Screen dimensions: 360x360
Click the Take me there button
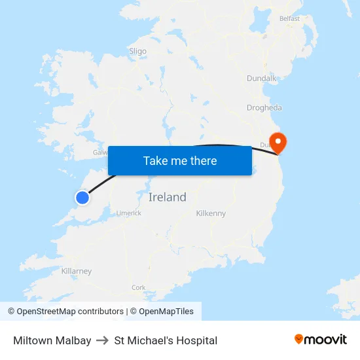click(180, 160)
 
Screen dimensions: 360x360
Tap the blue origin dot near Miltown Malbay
click(82, 197)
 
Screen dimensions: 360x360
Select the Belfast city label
click(289, 19)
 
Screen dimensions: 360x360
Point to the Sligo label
click(137, 51)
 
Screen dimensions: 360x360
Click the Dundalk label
click(261, 79)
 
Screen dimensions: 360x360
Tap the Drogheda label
click(264, 108)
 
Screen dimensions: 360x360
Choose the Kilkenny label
click(211, 213)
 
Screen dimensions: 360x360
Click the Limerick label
click(128, 213)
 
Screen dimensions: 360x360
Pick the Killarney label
click(77, 271)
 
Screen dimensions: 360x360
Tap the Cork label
click(139, 287)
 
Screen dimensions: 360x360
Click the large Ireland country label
click(168, 197)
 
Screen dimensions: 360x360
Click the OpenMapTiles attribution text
click(166, 312)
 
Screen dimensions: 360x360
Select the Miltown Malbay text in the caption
click(52, 340)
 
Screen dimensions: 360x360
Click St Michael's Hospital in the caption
click(166, 340)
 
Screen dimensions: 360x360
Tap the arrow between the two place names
click(103, 340)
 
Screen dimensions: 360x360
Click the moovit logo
click(321, 339)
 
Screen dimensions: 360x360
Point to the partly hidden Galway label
click(100, 152)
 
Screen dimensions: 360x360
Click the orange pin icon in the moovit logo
click(299, 339)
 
